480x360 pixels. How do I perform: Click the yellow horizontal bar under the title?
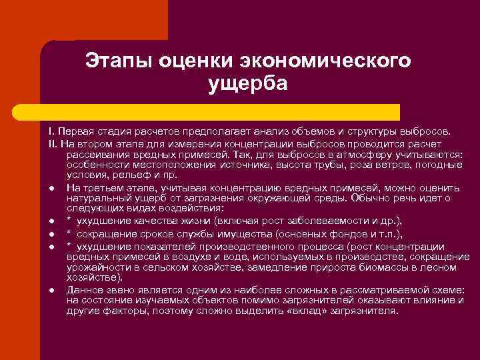(x=220, y=112)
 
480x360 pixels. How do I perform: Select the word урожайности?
(x=96, y=267)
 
